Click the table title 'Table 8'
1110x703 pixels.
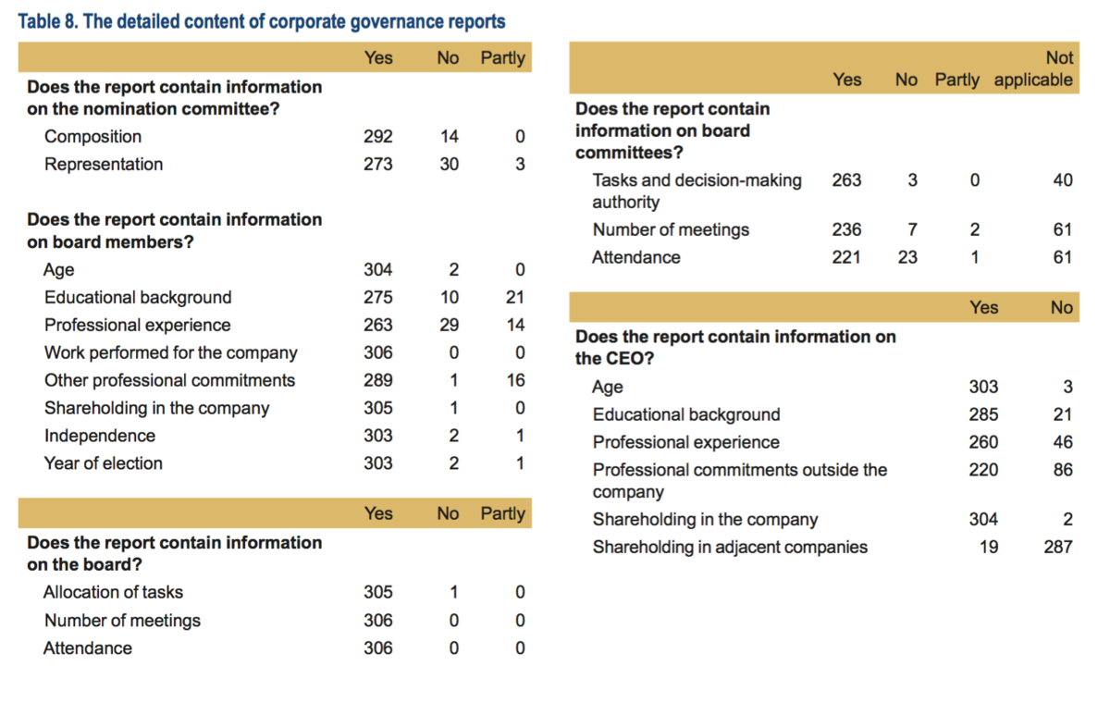pyautogui.click(x=48, y=22)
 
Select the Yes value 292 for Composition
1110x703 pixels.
pyautogui.click(x=378, y=136)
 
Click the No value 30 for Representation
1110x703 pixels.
pyautogui.click(x=449, y=164)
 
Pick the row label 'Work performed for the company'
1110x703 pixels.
pyautogui.click(x=171, y=352)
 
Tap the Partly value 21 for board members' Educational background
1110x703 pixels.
pyautogui.click(x=515, y=297)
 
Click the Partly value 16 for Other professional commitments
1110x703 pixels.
pyautogui.click(x=515, y=380)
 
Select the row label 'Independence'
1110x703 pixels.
pyautogui.click(x=100, y=436)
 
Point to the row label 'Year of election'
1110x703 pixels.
pyautogui.click(x=104, y=463)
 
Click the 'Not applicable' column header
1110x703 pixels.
pyautogui.click(x=1033, y=68)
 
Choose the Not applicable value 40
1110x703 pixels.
pyautogui.click(x=1063, y=179)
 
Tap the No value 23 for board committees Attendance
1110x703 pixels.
pyautogui.click(x=907, y=257)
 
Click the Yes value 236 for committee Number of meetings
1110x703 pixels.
pyautogui.click(x=846, y=229)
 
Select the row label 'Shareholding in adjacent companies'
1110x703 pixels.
pyautogui.click(x=730, y=547)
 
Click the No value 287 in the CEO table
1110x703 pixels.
pyautogui.click(x=1058, y=547)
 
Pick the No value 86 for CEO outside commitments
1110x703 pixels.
pyautogui.click(x=1063, y=470)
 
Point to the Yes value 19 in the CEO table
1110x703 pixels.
pyautogui.click(x=989, y=547)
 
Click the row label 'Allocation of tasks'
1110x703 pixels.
pyautogui.click(x=113, y=592)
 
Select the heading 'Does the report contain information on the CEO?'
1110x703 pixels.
pyautogui.click(x=736, y=347)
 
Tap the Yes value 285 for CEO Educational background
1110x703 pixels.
pyautogui.click(x=983, y=414)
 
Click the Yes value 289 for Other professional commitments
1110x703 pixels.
pyautogui.click(x=378, y=380)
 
